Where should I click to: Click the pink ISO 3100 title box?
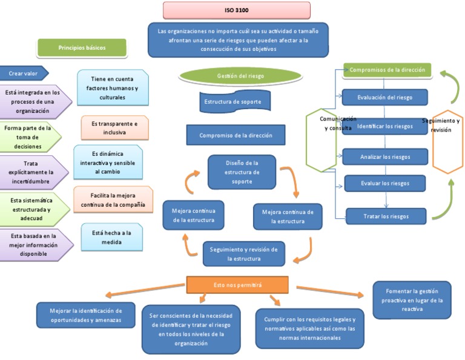(236, 10)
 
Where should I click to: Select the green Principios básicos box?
(82, 47)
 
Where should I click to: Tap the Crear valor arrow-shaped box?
(24, 73)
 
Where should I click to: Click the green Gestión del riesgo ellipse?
(240, 76)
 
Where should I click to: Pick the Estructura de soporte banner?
(232, 102)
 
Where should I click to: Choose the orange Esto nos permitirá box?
(237, 284)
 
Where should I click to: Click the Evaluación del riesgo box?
(384, 97)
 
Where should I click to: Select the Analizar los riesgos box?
(384, 157)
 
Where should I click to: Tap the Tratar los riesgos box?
(386, 216)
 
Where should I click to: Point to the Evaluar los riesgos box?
(384, 183)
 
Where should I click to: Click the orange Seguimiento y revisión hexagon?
(447, 141)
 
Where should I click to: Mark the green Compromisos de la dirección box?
(387, 70)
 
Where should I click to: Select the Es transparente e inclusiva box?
(114, 127)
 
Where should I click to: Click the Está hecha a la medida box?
(111, 237)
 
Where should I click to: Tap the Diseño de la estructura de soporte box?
(242, 172)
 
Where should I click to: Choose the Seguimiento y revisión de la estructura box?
(243, 254)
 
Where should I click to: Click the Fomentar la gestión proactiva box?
(412, 300)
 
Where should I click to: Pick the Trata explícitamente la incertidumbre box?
(33, 172)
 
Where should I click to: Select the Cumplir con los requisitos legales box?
(309, 328)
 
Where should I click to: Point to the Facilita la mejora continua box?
(112, 201)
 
